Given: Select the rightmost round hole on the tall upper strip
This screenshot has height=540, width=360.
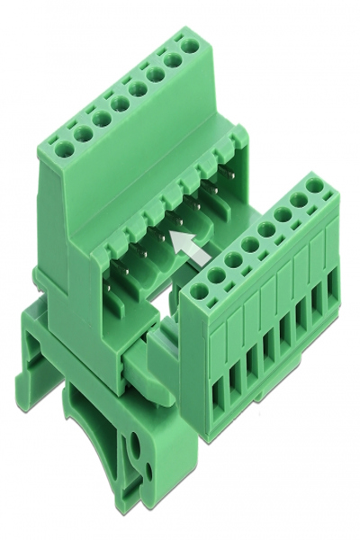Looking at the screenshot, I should click(190, 45).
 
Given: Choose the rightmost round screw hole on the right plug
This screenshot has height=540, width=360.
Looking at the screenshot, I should click(315, 185).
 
